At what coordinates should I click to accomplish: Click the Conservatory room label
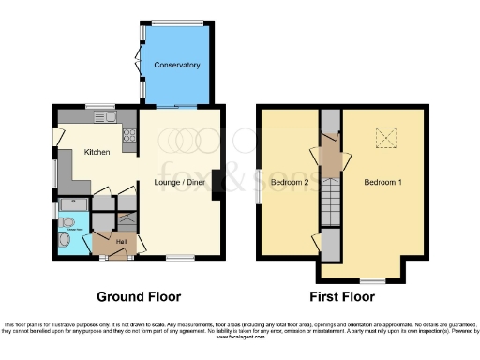click(178, 65)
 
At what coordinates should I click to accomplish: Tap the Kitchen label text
click(97, 152)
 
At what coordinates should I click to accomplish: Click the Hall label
click(121, 242)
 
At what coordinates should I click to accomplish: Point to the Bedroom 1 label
click(382, 181)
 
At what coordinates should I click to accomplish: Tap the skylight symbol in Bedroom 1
click(384, 137)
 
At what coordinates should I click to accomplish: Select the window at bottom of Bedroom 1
click(373, 280)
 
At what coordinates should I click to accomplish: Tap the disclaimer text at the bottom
click(240, 327)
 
